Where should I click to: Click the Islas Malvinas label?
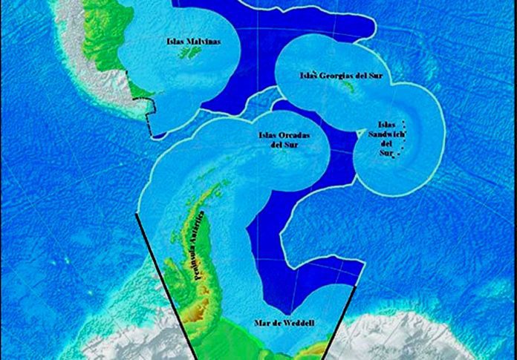coord(194,42)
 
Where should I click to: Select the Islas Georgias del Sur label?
coord(341,75)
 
